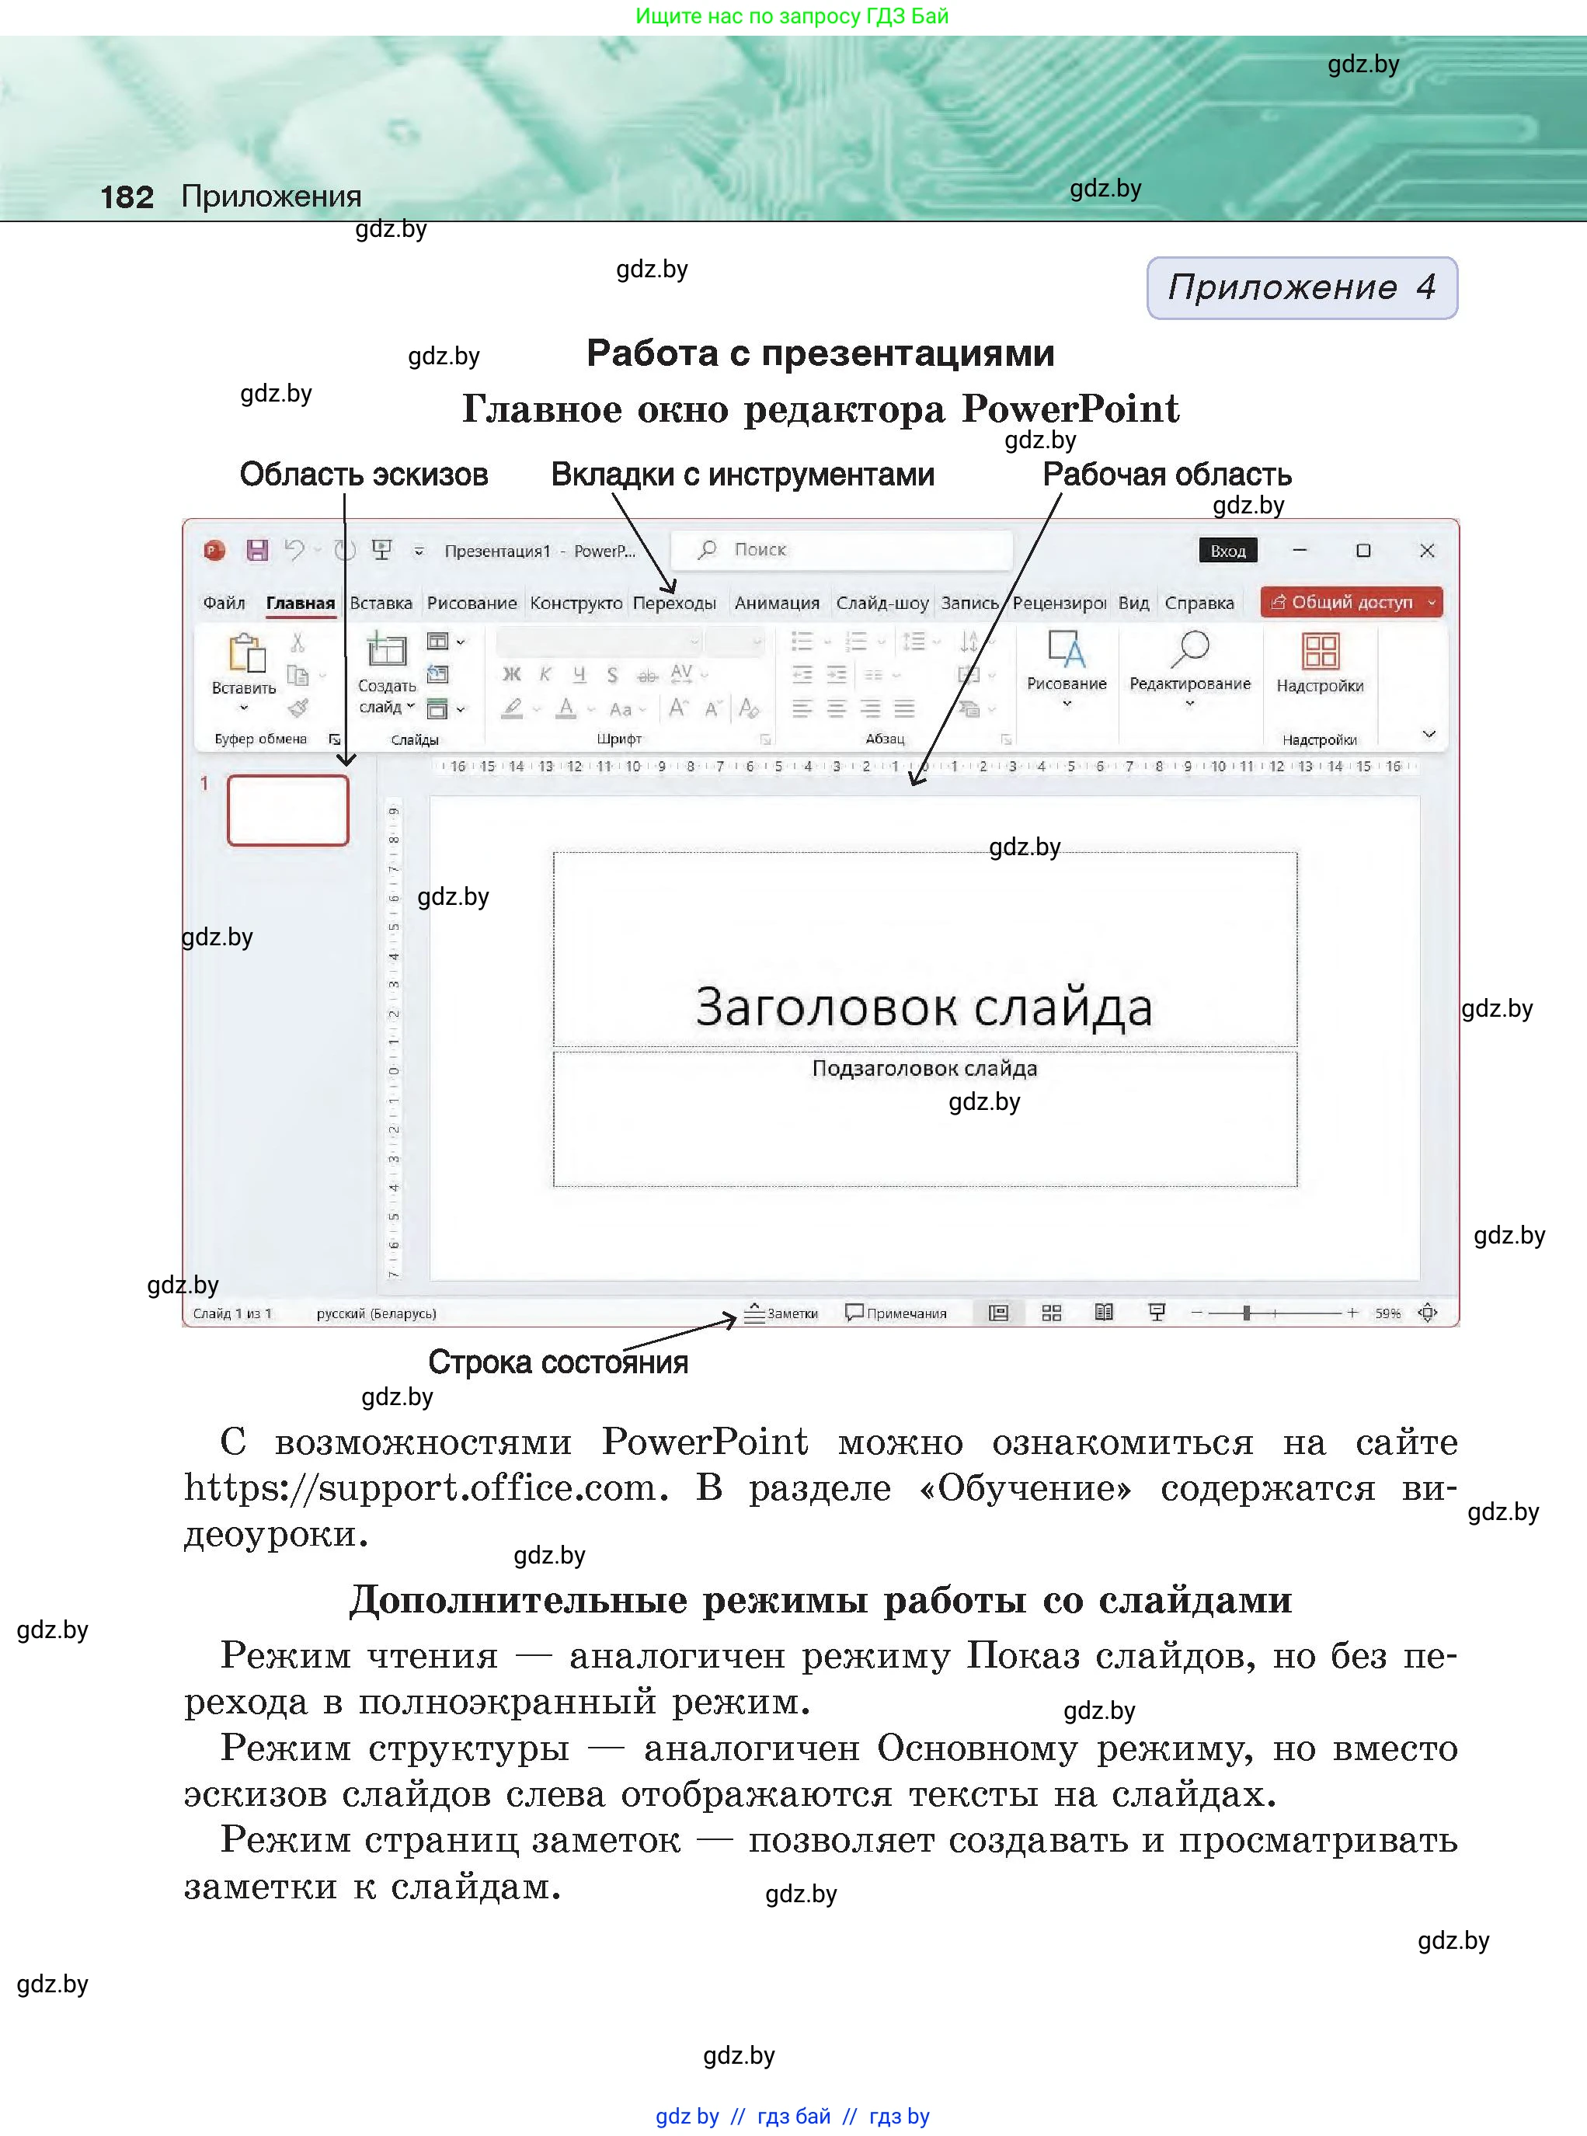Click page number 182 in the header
pos(127,197)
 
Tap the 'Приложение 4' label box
pos(1302,287)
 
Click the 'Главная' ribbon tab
pos(300,604)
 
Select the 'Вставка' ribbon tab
pos(381,604)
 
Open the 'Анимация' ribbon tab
pos(776,604)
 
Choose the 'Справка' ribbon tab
pos(1199,604)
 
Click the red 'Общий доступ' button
pos(1351,602)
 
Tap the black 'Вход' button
pos(1227,551)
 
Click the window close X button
pos(1426,551)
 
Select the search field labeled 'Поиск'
pos(841,549)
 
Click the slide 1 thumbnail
pos(287,811)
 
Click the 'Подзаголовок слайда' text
pos(924,1068)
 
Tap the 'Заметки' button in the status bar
pos(782,1313)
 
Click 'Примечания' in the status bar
pos(896,1313)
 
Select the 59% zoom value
pos(1387,1313)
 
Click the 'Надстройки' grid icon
pos(1320,651)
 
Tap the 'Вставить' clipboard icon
pos(246,653)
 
